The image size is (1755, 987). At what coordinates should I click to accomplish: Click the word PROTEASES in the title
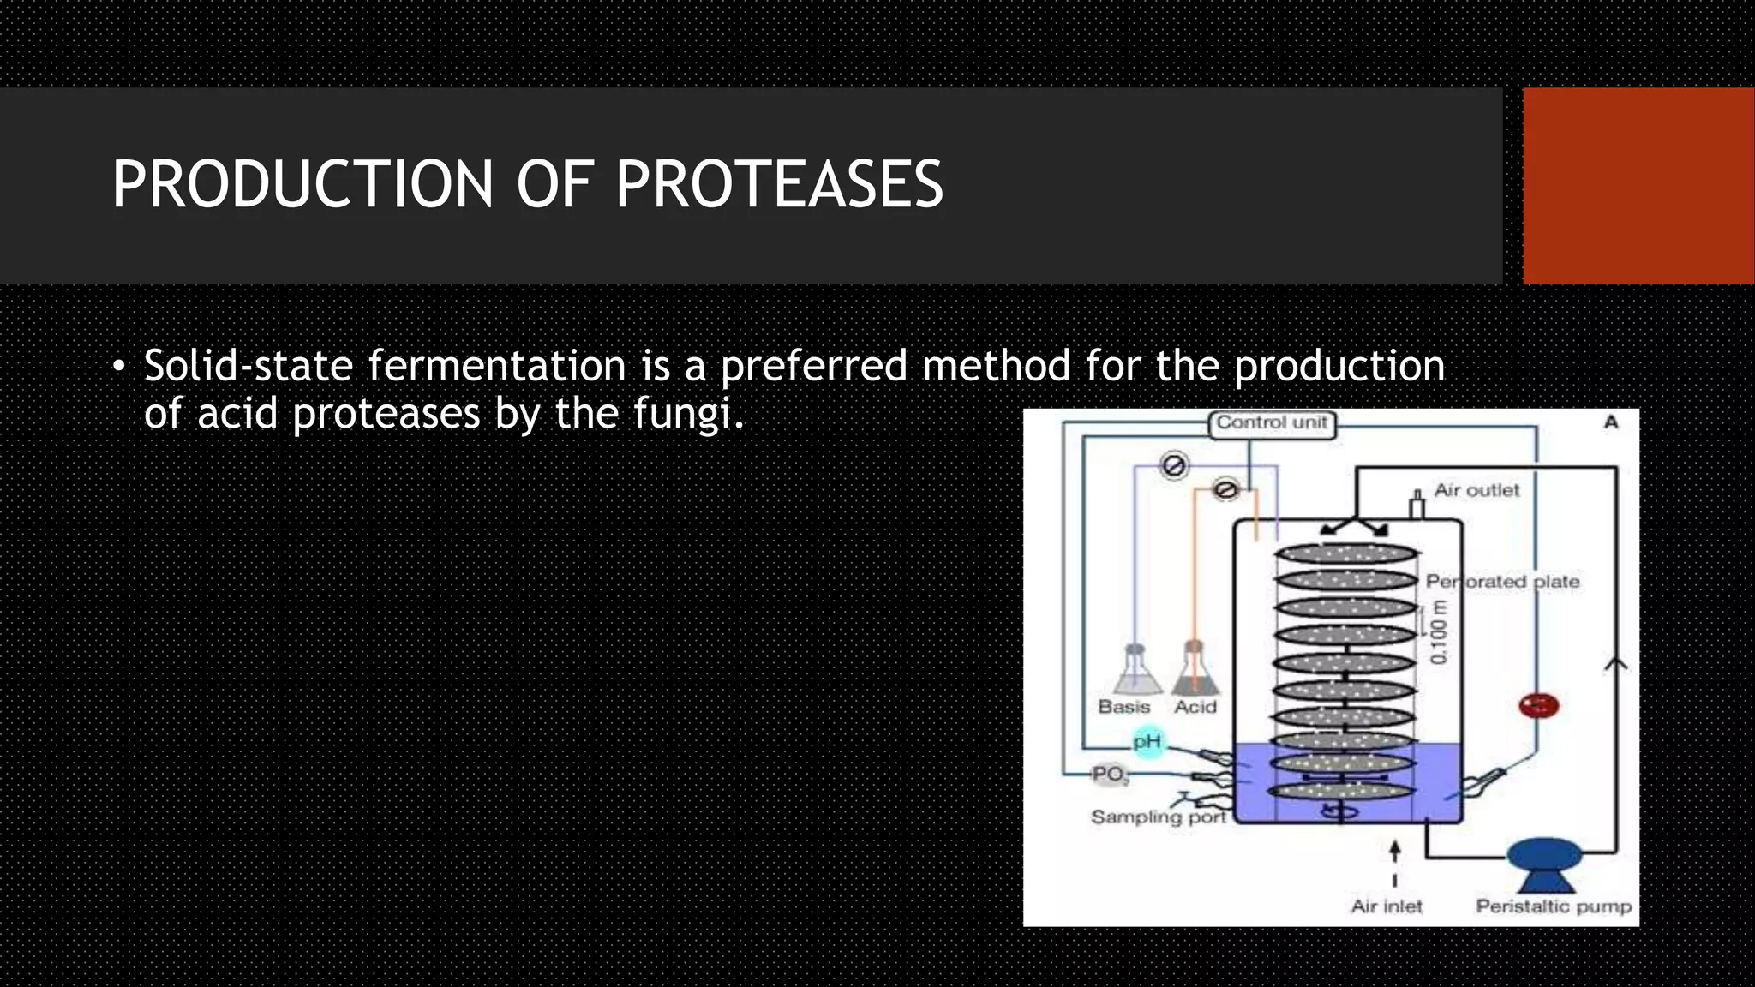(779, 184)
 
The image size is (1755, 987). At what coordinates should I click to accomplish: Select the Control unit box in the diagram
(1272, 423)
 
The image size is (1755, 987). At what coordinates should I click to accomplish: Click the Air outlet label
(1476, 490)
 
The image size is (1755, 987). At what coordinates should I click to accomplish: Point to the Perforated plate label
(1502, 582)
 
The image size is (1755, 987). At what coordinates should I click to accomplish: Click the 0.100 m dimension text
(1439, 632)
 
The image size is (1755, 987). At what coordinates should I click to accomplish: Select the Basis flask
(1136, 672)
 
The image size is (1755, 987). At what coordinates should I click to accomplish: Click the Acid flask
(1195, 672)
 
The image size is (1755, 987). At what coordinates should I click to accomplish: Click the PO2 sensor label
(1110, 775)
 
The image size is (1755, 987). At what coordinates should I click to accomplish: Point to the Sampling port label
(1159, 817)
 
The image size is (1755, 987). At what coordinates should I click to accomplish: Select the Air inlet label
(1386, 906)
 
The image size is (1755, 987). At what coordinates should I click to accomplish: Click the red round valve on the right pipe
(1538, 706)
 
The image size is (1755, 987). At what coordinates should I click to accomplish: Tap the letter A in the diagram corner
(1611, 422)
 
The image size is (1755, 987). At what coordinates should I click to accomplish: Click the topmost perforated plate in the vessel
(1346, 553)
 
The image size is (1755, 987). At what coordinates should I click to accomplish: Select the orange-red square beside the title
(1638, 186)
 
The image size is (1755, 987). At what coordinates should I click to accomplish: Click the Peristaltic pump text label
(1553, 906)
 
